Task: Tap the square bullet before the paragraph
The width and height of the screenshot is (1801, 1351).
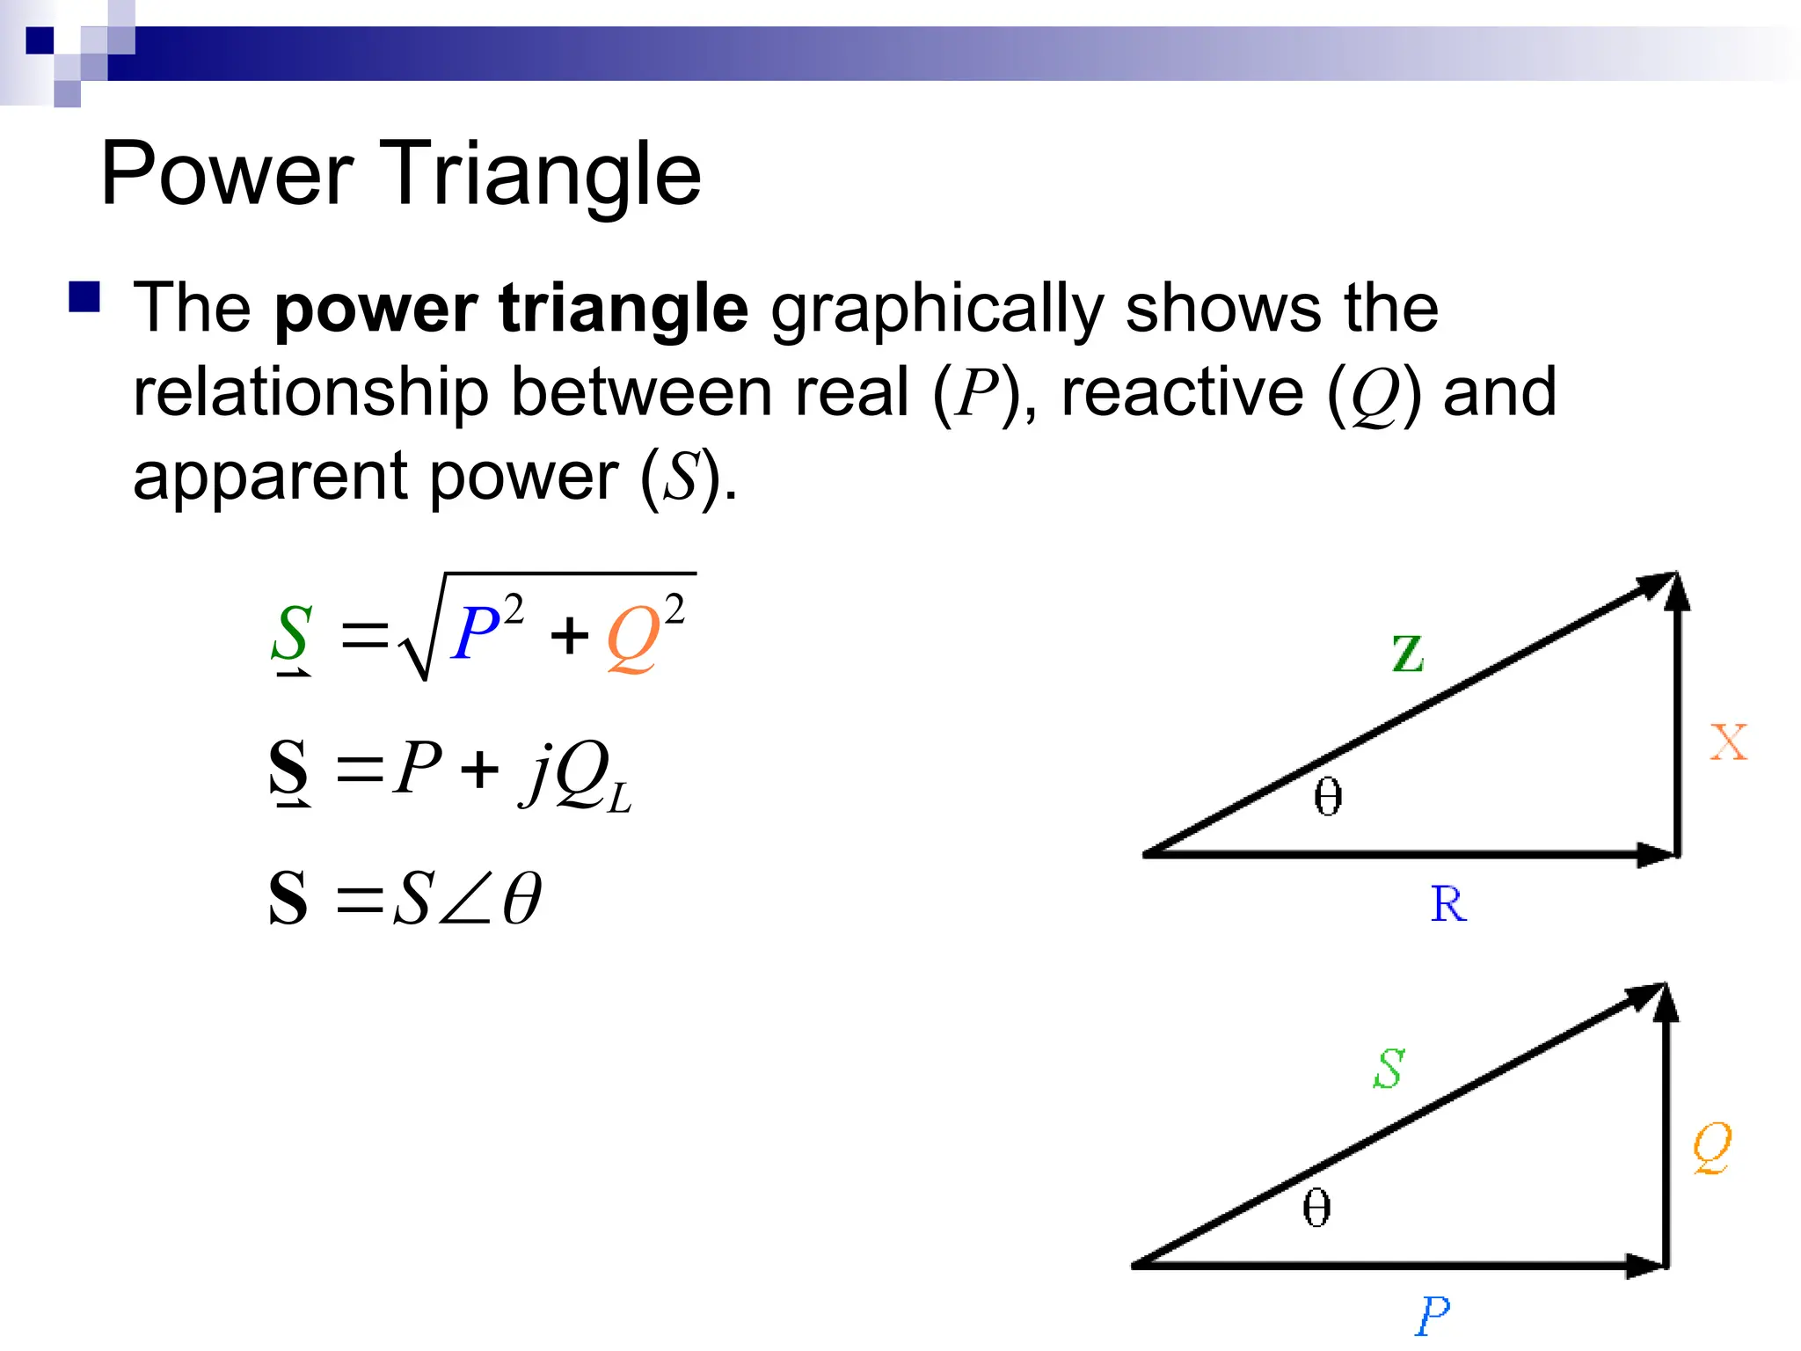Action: pos(84,297)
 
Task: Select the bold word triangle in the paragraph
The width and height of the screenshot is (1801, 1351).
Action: pos(623,310)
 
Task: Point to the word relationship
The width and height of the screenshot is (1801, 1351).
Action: pos(310,392)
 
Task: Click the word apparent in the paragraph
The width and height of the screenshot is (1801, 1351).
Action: pos(270,477)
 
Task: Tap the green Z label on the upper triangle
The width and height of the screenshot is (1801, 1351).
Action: pos(1408,654)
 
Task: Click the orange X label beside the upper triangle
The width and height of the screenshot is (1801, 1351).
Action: pos(1729,742)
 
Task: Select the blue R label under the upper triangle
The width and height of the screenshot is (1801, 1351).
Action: pos(1448,904)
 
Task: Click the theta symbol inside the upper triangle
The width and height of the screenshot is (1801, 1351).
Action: pos(1328,797)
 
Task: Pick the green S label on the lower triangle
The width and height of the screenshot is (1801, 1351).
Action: pos(1389,1069)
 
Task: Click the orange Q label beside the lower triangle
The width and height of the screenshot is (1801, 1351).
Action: pos(1712,1147)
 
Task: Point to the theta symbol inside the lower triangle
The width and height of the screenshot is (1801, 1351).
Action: pos(1316,1208)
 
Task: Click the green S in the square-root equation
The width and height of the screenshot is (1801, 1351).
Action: pos(292,632)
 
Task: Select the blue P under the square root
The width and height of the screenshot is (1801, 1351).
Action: pos(476,633)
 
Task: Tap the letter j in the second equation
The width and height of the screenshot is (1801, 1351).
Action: pos(537,771)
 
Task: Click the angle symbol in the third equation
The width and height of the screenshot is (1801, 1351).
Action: pos(465,898)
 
